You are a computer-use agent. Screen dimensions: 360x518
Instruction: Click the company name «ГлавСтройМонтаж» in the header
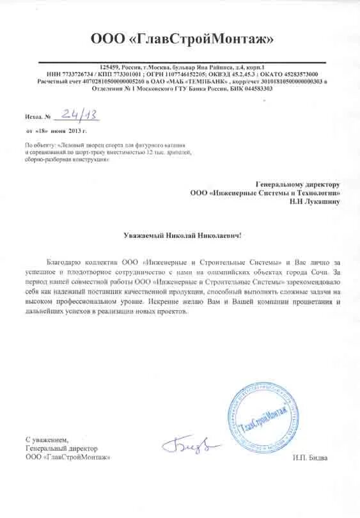click(x=182, y=40)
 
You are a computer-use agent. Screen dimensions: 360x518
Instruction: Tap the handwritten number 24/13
click(x=75, y=114)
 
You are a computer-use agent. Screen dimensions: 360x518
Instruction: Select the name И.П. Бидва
click(x=313, y=457)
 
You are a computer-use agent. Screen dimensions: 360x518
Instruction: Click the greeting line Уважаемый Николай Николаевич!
click(x=182, y=235)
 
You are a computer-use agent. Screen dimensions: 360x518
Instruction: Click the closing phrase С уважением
click(x=46, y=441)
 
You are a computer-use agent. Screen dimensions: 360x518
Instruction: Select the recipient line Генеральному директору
click(x=298, y=184)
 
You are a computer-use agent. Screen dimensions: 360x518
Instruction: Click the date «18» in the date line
click(x=42, y=130)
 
